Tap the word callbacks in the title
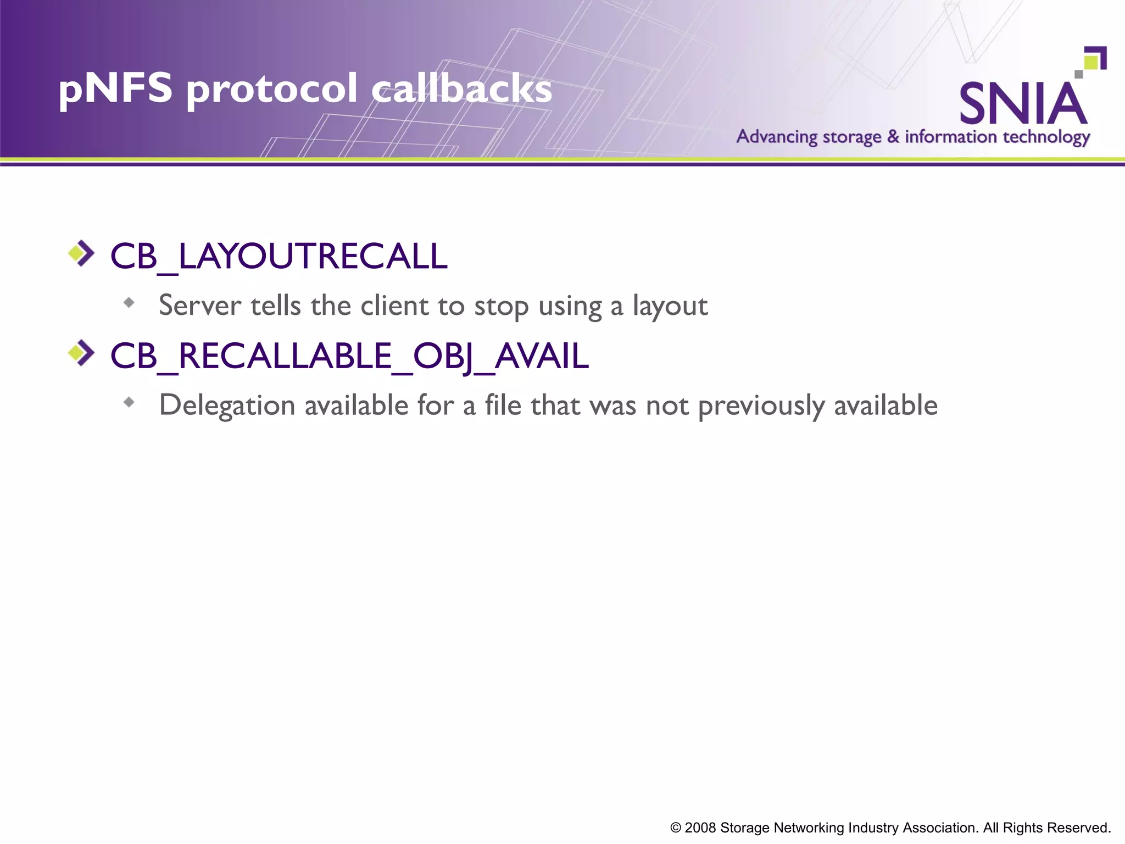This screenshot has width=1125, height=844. coord(462,89)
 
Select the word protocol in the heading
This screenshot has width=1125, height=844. coord(272,89)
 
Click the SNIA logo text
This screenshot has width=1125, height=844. coord(1023,104)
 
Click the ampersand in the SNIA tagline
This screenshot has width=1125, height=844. coord(893,136)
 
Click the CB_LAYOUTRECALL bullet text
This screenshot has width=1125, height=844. coord(279,256)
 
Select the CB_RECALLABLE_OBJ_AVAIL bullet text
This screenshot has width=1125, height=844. coord(349,356)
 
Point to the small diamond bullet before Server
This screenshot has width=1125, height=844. coord(129,302)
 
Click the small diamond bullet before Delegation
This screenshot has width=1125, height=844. coord(129,402)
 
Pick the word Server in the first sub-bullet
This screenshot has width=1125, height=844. coord(200,306)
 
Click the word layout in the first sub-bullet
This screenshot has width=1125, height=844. coord(670,306)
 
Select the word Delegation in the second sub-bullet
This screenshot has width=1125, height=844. coord(227,406)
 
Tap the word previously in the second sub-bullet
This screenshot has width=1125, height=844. coord(761,406)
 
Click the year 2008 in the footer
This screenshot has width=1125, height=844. coord(700,828)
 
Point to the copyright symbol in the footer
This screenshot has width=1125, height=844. coord(676,828)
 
